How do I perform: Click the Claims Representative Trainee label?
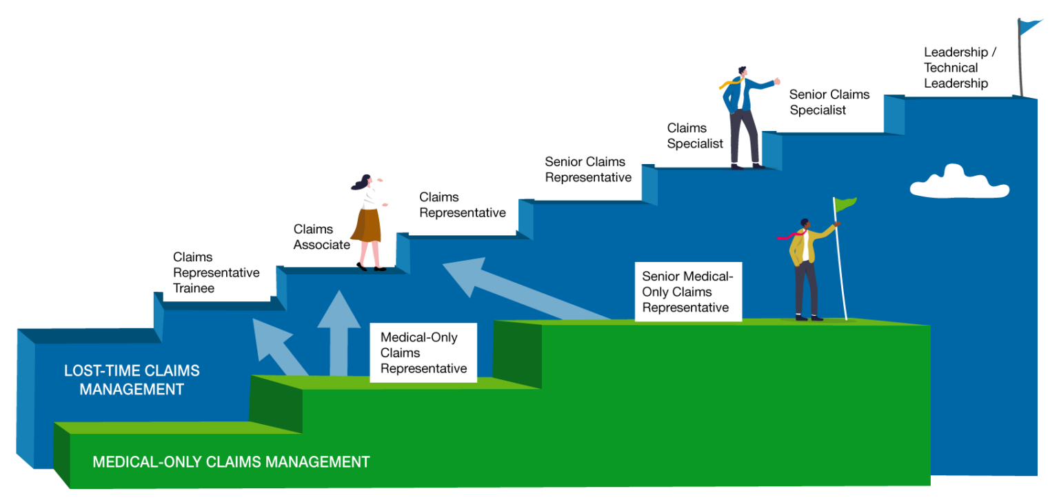click(x=216, y=272)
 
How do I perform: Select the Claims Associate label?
click(x=322, y=237)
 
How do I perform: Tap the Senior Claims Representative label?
click(x=587, y=170)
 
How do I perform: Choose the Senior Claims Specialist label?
click(x=829, y=102)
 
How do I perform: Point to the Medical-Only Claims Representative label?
click(x=423, y=352)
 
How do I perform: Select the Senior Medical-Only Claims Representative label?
click(x=687, y=292)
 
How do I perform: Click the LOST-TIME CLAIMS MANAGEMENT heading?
click(x=132, y=380)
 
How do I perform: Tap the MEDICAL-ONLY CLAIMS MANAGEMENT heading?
click(x=231, y=461)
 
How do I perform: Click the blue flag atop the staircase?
click(x=1031, y=26)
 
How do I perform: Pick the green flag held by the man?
click(x=845, y=203)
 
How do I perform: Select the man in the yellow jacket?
click(x=805, y=266)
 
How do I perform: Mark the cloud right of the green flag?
click(x=959, y=183)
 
